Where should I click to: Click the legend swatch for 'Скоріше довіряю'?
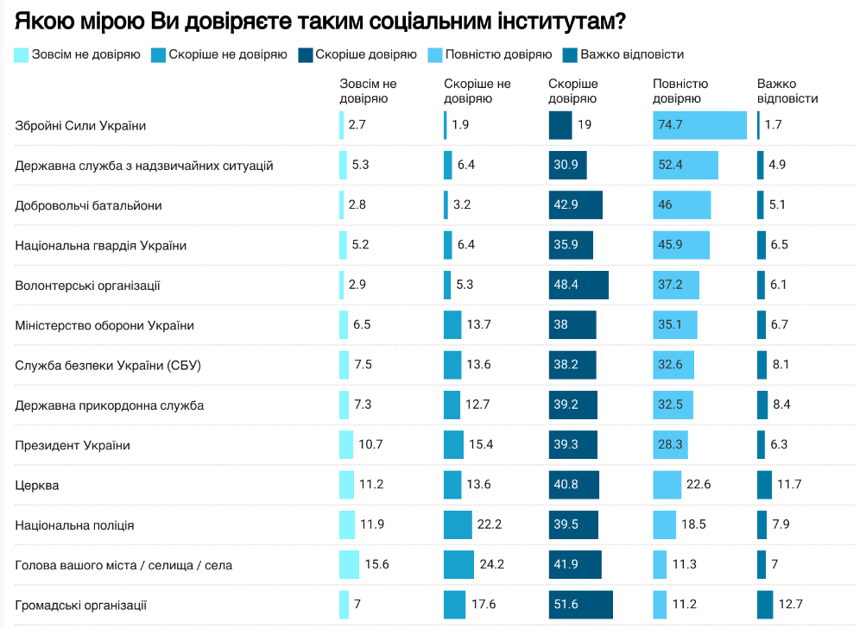[x=306, y=54]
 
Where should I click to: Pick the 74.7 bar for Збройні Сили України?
[x=700, y=125]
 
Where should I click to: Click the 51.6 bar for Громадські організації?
[x=580, y=605]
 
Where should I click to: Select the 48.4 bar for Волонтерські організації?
[x=578, y=285]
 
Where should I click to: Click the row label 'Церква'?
[x=37, y=485]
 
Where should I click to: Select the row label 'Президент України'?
[x=73, y=445]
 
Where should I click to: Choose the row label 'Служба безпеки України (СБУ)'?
[x=108, y=365]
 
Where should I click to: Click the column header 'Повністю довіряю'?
[x=680, y=91]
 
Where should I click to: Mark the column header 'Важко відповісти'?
[x=787, y=91]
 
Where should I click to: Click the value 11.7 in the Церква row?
[x=790, y=485]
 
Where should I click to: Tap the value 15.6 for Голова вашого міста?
[x=377, y=565]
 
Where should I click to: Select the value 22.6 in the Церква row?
[x=697, y=485]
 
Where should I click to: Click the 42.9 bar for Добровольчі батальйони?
[x=576, y=205]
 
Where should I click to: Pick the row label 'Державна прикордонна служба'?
[x=110, y=405]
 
